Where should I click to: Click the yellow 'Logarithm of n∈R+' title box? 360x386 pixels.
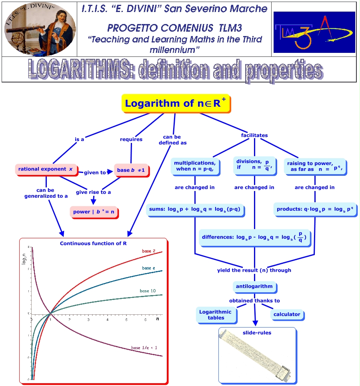coord(176,103)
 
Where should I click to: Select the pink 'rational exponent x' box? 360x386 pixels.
coord(45,169)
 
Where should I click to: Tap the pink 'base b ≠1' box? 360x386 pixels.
coord(131,170)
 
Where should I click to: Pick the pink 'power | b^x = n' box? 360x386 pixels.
coord(94,212)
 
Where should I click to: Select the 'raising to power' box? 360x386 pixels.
coord(315,166)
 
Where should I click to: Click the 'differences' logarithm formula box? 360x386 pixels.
coord(255,237)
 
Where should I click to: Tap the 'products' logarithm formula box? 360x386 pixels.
coord(315,209)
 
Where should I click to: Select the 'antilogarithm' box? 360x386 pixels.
coord(254,286)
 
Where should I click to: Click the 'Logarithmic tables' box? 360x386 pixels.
coord(216,315)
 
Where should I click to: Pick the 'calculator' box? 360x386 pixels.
coord(287,314)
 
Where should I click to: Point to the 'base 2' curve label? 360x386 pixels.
coord(149,251)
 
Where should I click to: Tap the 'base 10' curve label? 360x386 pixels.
coord(147,291)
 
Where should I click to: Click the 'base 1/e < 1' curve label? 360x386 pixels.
coord(144,348)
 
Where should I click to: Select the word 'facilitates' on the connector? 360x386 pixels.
coord(254,135)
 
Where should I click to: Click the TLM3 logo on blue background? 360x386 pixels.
coord(314,32)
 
